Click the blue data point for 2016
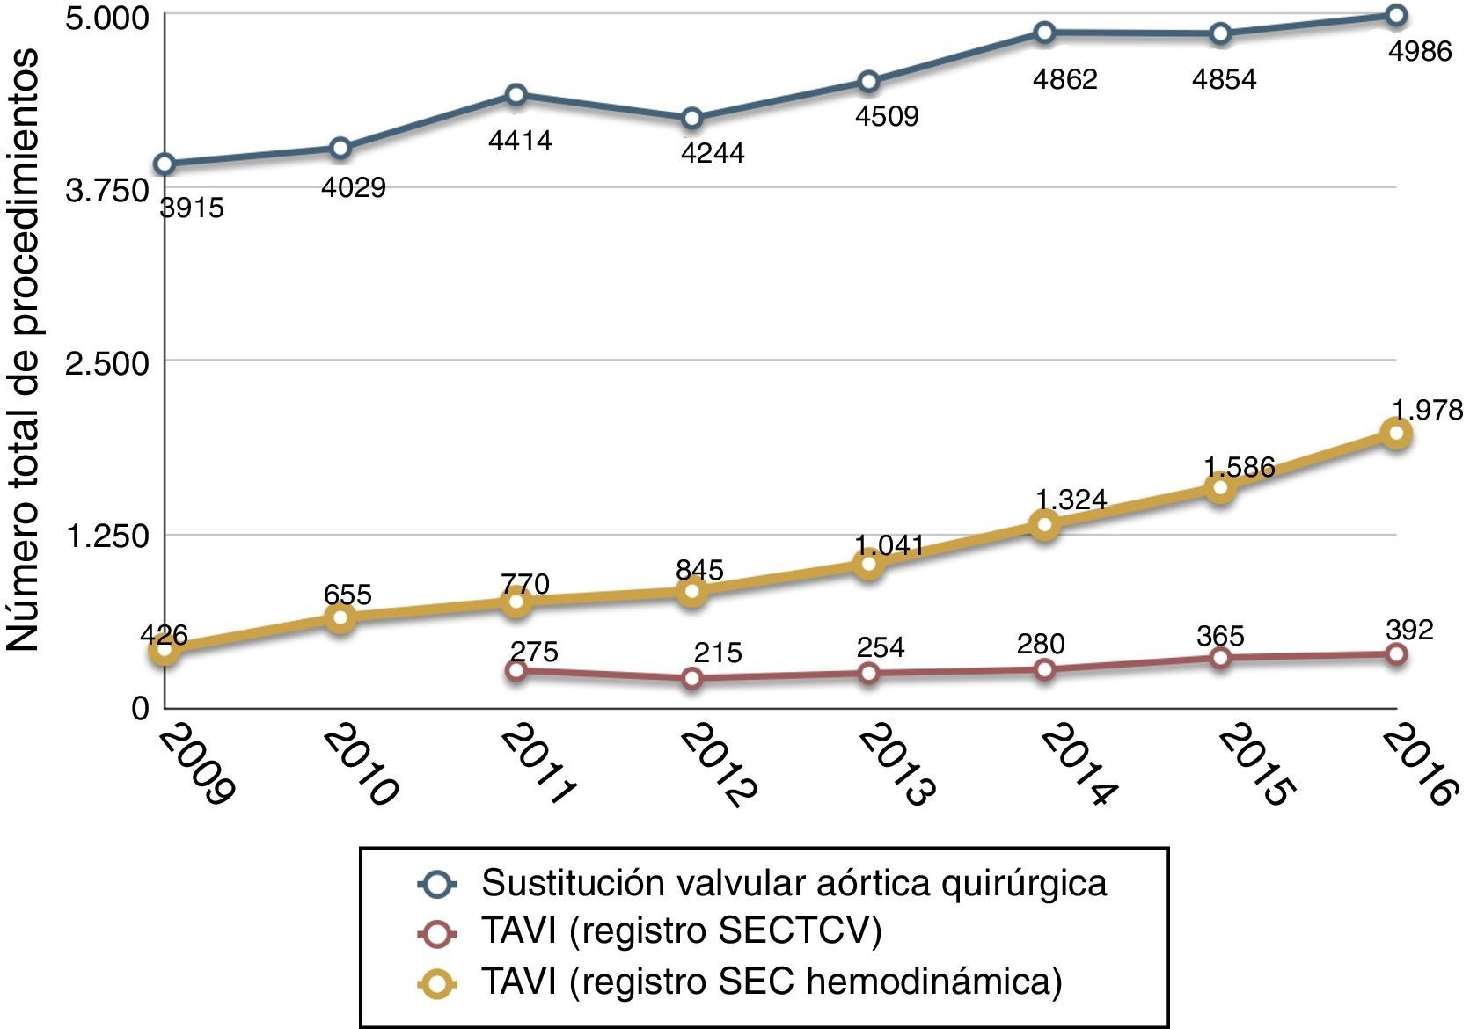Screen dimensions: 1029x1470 pyautogui.click(x=1396, y=15)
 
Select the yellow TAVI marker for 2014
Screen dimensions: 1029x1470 pyautogui.click(x=1044, y=526)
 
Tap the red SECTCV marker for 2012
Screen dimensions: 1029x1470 pyautogui.click(x=692, y=677)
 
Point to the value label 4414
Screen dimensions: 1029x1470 pyautogui.click(x=520, y=141)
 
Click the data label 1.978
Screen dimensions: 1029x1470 pyautogui.click(x=1427, y=410)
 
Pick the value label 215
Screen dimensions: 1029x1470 pyautogui.click(x=718, y=653)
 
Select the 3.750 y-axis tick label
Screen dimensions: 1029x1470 pyautogui.click(x=107, y=190)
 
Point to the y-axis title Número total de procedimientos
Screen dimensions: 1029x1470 pyautogui.click(x=25, y=350)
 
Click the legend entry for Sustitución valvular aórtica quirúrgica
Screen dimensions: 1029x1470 pyautogui.click(x=794, y=882)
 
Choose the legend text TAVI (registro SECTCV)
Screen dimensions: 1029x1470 pyautogui.click(x=681, y=931)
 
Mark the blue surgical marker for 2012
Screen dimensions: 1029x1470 pyautogui.click(x=692, y=118)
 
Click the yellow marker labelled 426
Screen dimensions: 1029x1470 pyautogui.click(x=165, y=651)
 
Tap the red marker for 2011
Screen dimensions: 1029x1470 pyautogui.click(x=516, y=670)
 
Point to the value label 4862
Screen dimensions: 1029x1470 pyautogui.click(x=1065, y=80)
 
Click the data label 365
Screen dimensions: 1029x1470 pyautogui.click(x=1220, y=636)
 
